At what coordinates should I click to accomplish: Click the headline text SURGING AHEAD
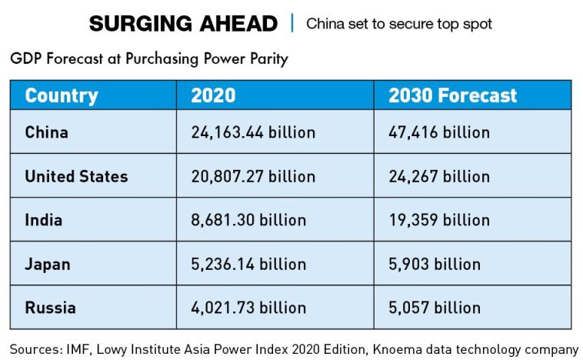[183, 24]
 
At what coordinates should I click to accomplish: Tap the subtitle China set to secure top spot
[399, 24]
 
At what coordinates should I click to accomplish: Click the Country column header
[62, 95]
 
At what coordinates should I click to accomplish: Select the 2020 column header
[213, 95]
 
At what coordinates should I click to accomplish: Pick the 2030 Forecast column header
[452, 95]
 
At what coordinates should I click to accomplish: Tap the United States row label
[76, 176]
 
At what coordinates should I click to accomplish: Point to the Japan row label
[47, 264]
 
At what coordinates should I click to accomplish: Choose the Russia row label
[50, 308]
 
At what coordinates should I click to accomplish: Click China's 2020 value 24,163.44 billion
[253, 132]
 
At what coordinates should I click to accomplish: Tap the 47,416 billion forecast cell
[438, 132]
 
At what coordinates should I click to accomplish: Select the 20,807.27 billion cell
[253, 176]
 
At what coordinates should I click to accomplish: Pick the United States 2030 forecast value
[438, 176]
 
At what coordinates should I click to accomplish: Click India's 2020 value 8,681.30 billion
[248, 220]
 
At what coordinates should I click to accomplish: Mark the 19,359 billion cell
[438, 220]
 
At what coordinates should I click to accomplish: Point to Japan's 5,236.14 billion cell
[248, 264]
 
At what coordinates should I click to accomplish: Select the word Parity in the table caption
[266, 59]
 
